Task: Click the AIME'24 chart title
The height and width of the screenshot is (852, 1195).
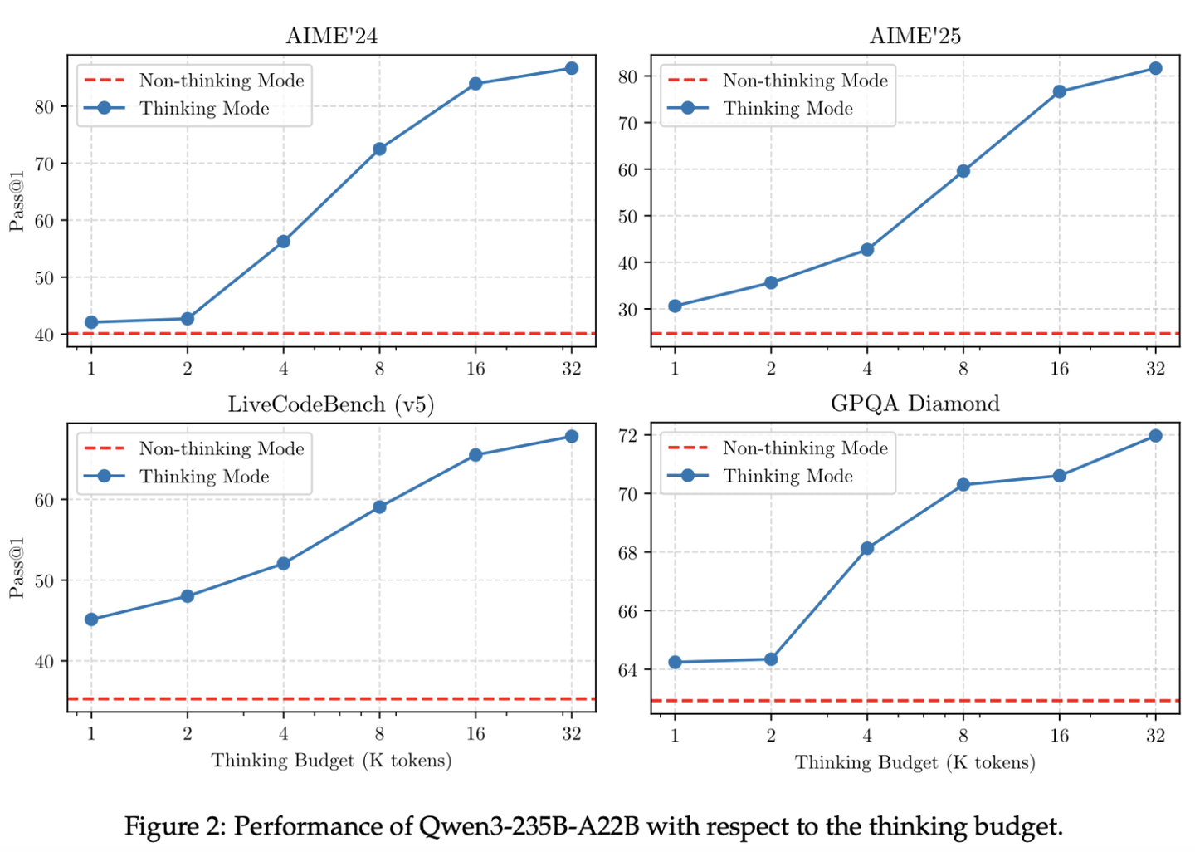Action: point(331,36)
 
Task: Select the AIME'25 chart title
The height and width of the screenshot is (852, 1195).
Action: point(915,36)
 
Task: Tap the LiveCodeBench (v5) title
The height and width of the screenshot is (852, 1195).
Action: point(331,404)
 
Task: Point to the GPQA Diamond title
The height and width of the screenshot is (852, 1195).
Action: point(915,404)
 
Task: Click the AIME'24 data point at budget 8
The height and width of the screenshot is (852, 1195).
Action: point(379,149)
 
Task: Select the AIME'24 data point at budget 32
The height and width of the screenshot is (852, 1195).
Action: point(571,68)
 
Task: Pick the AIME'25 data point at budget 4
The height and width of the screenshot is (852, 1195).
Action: point(867,250)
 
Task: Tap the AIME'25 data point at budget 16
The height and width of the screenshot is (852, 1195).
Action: point(1059,92)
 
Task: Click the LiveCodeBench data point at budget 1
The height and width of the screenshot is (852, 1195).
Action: point(91,619)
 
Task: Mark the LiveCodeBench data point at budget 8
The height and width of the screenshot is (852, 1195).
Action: point(379,507)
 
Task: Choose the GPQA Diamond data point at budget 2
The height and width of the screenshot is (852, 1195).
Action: point(771,659)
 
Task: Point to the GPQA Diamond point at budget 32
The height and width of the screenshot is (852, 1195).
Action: point(1155,436)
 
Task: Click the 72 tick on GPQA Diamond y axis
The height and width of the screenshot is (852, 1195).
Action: point(627,436)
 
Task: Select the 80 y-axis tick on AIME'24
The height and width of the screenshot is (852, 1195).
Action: point(44,107)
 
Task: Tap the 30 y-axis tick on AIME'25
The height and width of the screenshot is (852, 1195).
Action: point(627,310)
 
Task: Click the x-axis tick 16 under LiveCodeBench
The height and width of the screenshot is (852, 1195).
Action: point(476,733)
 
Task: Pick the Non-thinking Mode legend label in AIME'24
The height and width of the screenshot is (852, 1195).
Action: point(222,80)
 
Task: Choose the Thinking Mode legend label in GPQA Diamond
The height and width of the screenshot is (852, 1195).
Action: point(788,476)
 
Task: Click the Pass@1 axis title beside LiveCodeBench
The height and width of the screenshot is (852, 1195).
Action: point(17,568)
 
